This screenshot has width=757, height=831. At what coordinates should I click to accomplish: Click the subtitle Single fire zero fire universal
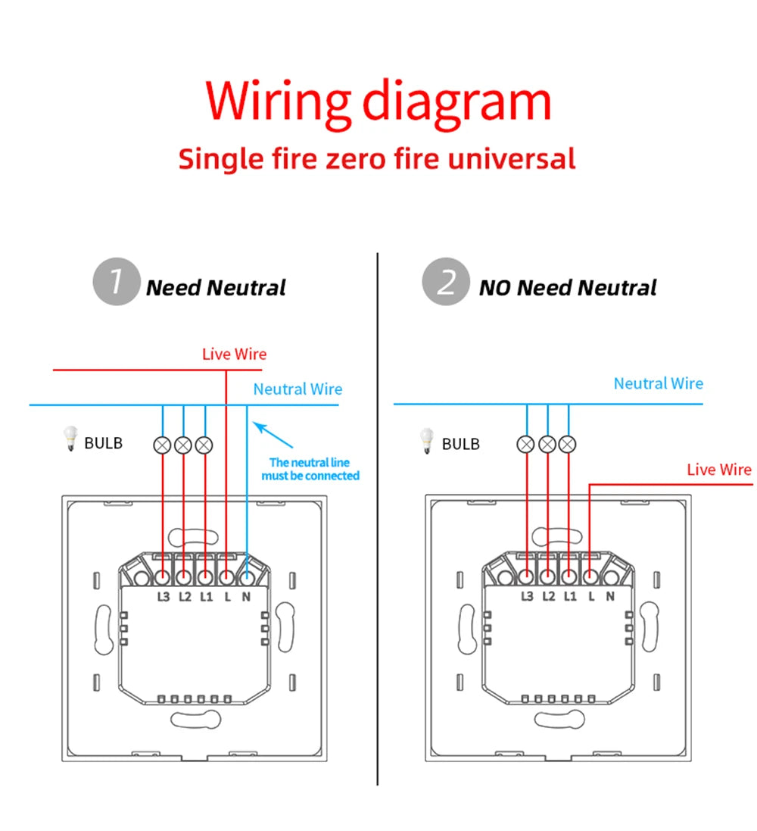tap(377, 159)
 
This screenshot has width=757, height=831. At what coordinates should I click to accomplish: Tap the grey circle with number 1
tap(116, 282)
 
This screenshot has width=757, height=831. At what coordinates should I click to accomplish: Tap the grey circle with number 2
tap(445, 282)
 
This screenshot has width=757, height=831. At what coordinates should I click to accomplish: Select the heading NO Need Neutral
tap(568, 288)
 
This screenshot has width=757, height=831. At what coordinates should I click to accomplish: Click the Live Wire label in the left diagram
tap(234, 354)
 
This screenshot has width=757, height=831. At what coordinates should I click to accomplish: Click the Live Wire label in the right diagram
tap(718, 470)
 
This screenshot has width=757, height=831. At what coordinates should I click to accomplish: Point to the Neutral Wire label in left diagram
tap(298, 389)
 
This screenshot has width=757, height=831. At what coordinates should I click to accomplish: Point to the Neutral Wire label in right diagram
tap(658, 383)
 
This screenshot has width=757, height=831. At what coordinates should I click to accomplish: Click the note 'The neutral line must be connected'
tap(310, 469)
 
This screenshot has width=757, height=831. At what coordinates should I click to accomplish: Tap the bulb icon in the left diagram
tap(70, 439)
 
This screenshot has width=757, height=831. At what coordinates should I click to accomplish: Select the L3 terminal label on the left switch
tap(164, 596)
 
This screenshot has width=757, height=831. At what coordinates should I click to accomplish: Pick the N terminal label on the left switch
tap(246, 596)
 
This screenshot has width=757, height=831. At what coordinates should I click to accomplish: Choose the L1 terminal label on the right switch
tap(570, 596)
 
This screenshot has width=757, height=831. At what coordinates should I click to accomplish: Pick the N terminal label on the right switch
tap(610, 596)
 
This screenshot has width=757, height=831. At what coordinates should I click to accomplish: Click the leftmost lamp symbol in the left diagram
tap(162, 445)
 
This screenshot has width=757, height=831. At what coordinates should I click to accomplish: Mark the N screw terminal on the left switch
tap(247, 578)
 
